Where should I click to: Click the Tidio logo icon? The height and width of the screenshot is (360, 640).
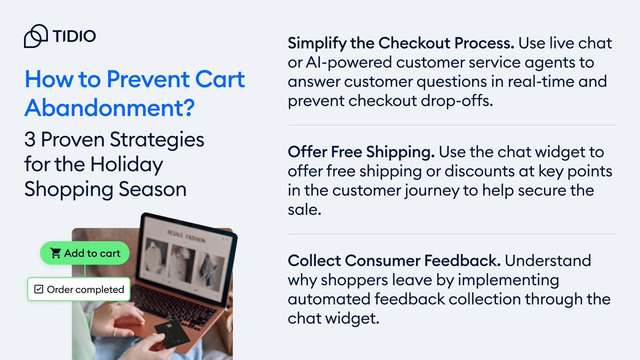[36, 36]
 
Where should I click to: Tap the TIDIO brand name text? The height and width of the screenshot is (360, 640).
[75, 37]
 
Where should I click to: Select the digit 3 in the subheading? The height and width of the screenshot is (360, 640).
[30, 140]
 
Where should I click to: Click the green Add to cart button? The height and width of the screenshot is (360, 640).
[85, 253]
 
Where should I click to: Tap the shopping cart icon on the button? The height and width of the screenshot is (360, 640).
[56, 253]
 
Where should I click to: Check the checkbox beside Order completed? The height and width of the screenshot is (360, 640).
[38, 290]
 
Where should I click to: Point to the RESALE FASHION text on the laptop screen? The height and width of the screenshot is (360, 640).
[185, 234]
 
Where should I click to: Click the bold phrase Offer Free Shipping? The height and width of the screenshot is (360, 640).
[361, 153]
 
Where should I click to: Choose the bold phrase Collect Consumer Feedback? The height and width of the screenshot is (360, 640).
[394, 261]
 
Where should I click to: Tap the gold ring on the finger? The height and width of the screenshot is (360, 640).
[115, 332]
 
